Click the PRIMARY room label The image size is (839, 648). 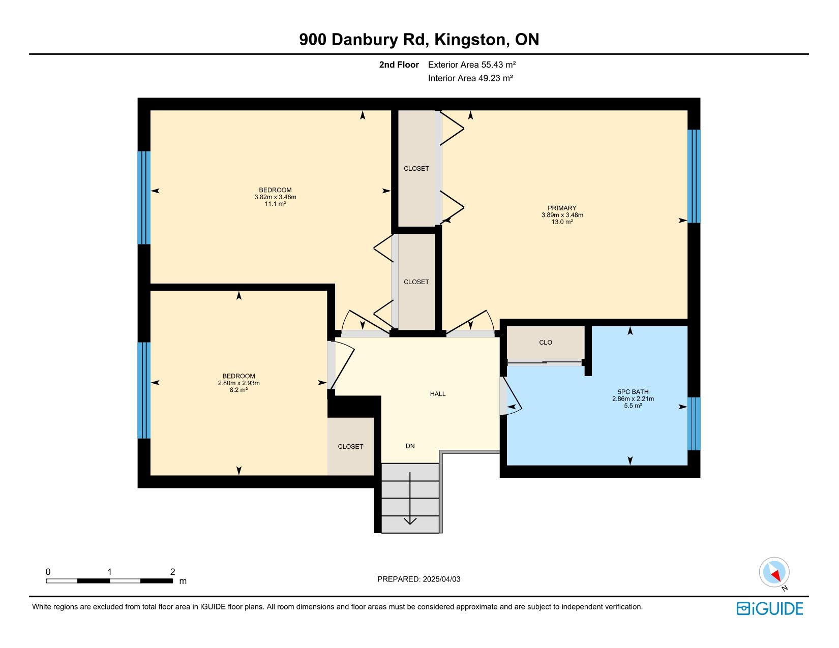562,208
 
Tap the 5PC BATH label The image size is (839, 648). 633,392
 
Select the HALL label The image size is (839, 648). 437,394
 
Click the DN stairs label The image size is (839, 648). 410,446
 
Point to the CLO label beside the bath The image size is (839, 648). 545,343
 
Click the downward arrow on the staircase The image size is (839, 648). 410,498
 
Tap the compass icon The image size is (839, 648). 774,572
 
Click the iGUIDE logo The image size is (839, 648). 769,609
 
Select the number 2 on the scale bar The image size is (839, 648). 172,572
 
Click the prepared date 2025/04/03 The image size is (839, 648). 441,579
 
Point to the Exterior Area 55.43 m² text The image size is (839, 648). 472,65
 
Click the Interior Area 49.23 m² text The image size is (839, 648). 470,78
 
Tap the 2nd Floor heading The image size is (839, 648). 399,65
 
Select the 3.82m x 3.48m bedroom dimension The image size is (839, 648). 275,197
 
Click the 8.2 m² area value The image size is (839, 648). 238,390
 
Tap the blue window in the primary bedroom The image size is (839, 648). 694,176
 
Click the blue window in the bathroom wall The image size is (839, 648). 694,424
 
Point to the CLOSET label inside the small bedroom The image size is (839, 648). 350,447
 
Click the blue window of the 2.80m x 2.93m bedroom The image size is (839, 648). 144,390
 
